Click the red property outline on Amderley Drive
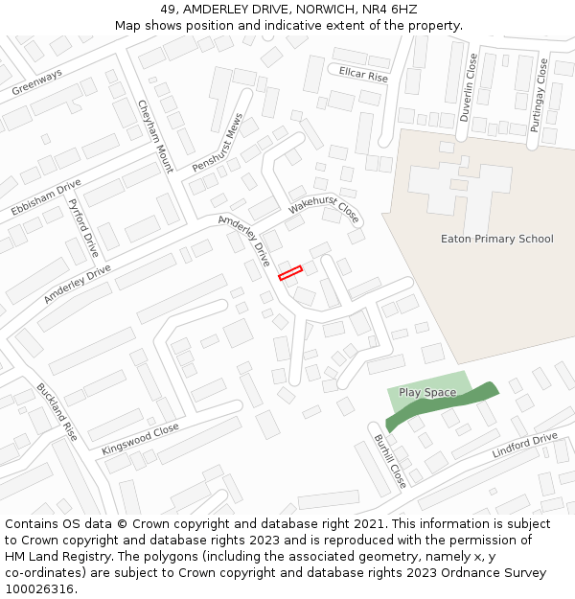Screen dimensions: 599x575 (x=290, y=273)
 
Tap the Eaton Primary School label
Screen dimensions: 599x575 (x=496, y=239)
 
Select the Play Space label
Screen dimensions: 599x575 (x=427, y=393)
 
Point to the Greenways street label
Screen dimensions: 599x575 (x=36, y=81)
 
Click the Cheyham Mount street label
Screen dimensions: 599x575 (x=155, y=136)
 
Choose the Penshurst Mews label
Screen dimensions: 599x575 (x=218, y=143)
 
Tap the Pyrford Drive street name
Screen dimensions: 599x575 (x=84, y=229)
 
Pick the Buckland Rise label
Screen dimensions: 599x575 (x=57, y=412)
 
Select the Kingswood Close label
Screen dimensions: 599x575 (x=140, y=439)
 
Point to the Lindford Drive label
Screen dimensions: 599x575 (x=524, y=446)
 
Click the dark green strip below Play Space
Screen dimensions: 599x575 (x=442, y=406)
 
